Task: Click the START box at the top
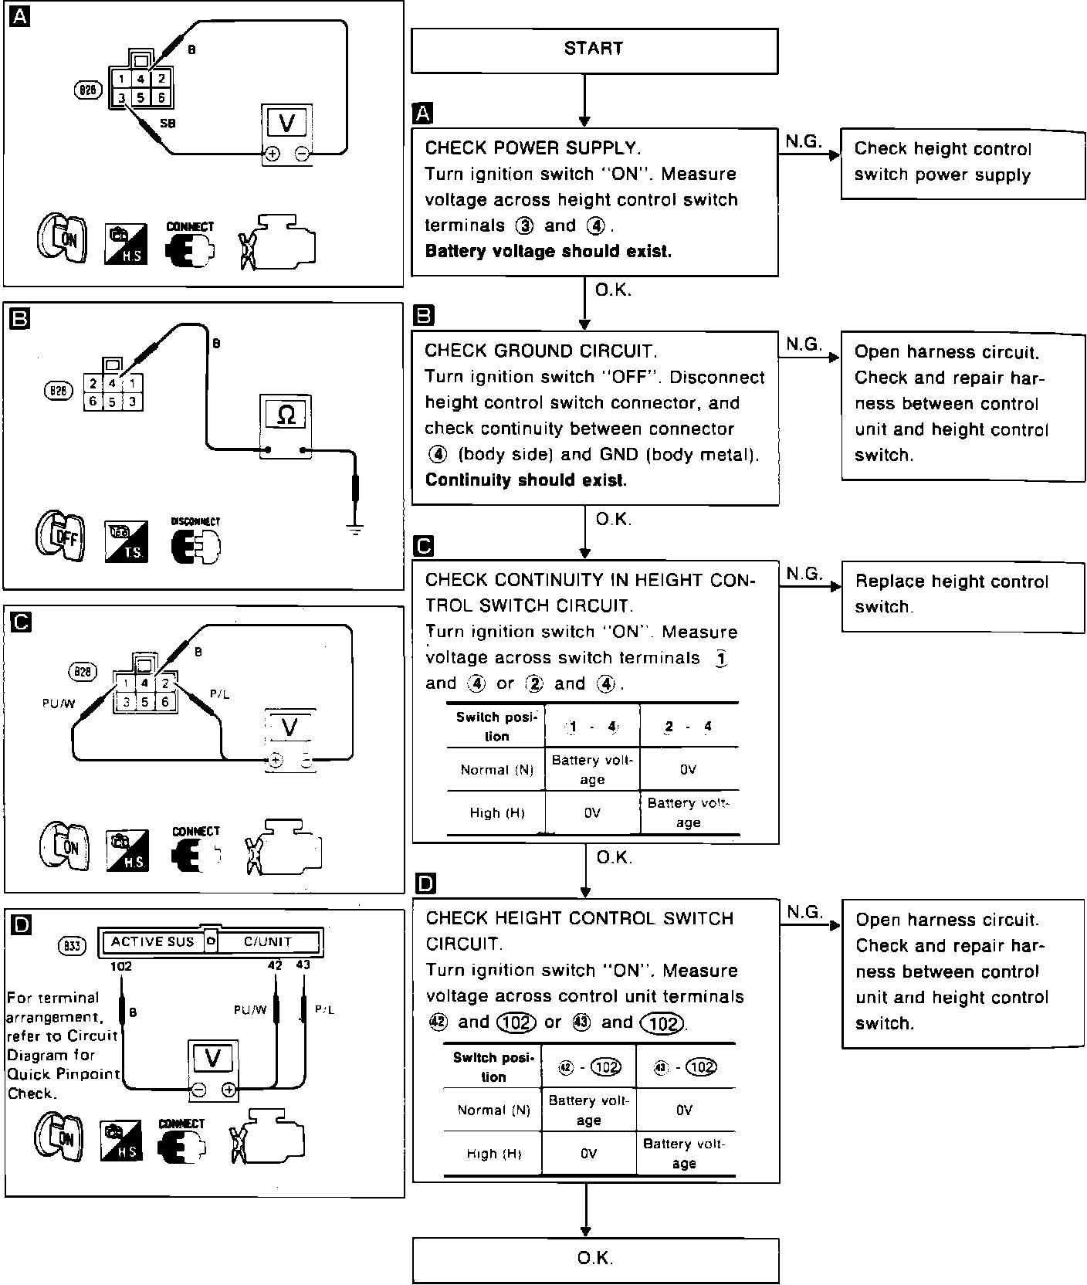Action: (594, 50)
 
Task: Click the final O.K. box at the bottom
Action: (594, 1259)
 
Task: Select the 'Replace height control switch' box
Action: (962, 595)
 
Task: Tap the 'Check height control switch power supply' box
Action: (962, 163)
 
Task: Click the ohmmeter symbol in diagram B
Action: (286, 415)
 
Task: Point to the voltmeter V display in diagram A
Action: (286, 123)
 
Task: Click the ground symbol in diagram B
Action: (354, 530)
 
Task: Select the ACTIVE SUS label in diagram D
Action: (152, 942)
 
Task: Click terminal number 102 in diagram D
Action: (121, 966)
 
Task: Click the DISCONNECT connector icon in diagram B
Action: (195, 545)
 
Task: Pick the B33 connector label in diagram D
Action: (73, 945)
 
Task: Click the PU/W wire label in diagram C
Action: (59, 704)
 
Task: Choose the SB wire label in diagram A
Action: (168, 123)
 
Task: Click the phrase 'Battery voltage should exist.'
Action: (548, 252)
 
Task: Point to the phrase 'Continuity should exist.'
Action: (526, 480)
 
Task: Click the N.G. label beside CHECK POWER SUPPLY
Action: (804, 141)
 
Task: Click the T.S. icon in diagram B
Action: (126, 543)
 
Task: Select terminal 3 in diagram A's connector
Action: (122, 97)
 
